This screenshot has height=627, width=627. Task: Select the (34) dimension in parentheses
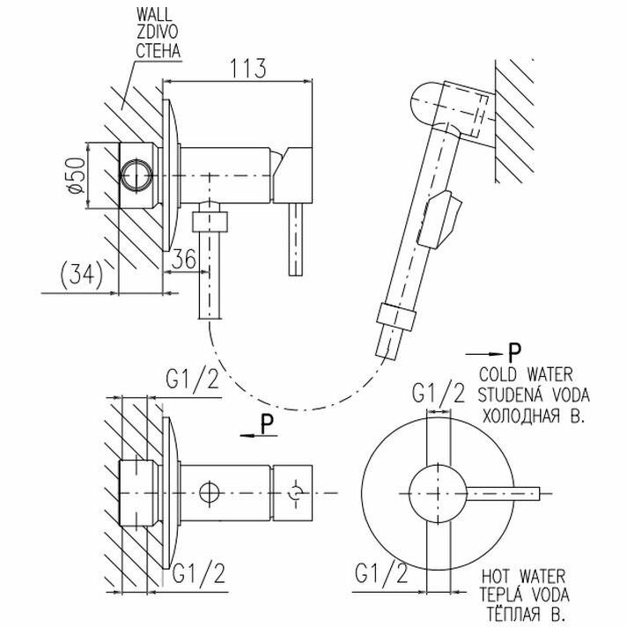tap(75, 273)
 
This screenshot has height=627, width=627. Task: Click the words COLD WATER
tap(527, 373)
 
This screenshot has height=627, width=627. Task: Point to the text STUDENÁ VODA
tap(534, 392)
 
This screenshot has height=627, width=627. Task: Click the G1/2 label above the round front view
tap(438, 393)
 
